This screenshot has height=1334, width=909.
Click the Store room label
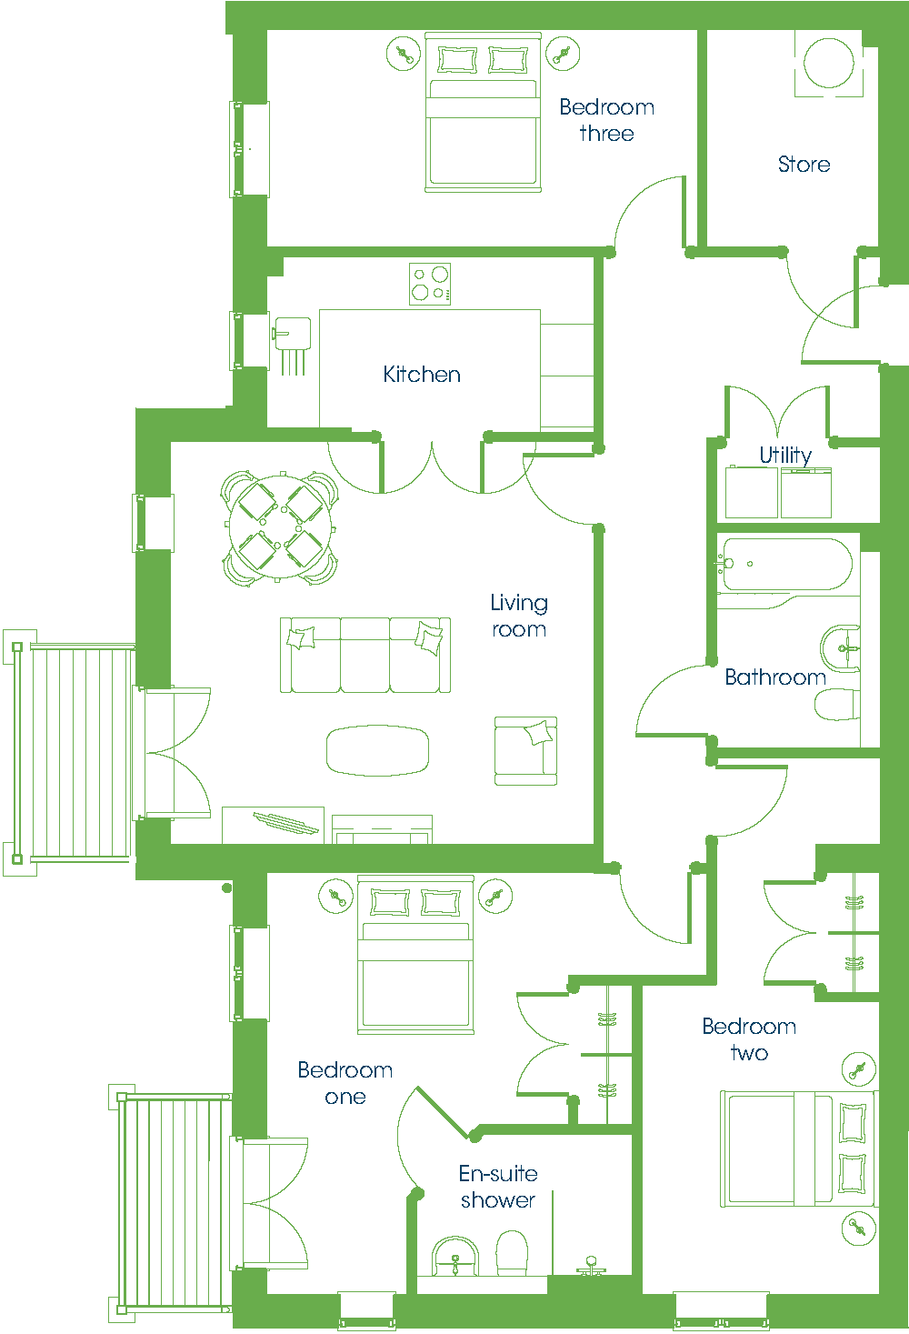[x=804, y=165]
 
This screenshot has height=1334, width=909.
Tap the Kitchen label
[x=422, y=374]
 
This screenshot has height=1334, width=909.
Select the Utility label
[x=785, y=456]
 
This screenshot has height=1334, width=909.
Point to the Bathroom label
[x=775, y=677]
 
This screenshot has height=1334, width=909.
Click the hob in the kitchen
[x=430, y=284]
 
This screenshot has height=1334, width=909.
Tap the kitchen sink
[x=293, y=346]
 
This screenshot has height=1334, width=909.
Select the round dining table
[x=280, y=527]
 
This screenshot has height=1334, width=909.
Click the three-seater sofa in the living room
[x=365, y=655]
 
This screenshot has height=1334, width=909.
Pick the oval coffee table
[x=377, y=750]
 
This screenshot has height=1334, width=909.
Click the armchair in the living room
[x=525, y=751]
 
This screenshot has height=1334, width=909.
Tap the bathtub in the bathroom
[x=784, y=565]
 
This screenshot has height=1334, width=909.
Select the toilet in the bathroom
[x=837, y=705]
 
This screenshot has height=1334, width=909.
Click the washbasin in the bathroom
[x=840, y=648]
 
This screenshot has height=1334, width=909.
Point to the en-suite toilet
[x=512, y=1253]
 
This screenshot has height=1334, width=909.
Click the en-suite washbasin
[x=455, y=1257]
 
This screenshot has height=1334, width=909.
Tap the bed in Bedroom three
[x=483, y=113]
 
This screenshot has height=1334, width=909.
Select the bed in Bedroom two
[x=798, y=1149]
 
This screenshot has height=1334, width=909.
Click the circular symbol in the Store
[x=829, y=63]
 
